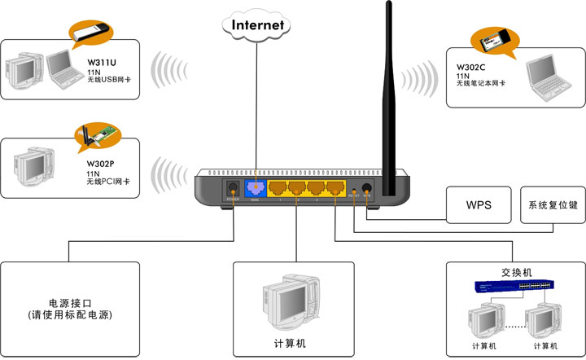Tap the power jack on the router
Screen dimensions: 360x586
pos(231,189)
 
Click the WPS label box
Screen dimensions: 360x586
pos(478,204)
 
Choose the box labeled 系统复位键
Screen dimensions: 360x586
pos(552,204)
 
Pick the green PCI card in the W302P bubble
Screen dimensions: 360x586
pos(95,134)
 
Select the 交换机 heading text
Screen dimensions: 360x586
pos(516,272)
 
